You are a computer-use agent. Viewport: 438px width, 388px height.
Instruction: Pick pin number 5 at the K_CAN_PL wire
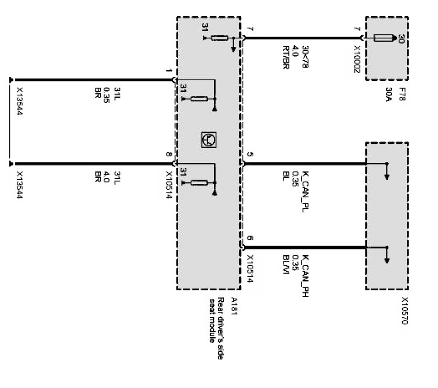[250, 155]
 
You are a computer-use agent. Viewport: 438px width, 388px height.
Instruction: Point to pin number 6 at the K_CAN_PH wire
[250, 239]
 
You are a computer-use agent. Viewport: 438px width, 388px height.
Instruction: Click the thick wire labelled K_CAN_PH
[306, 248]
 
